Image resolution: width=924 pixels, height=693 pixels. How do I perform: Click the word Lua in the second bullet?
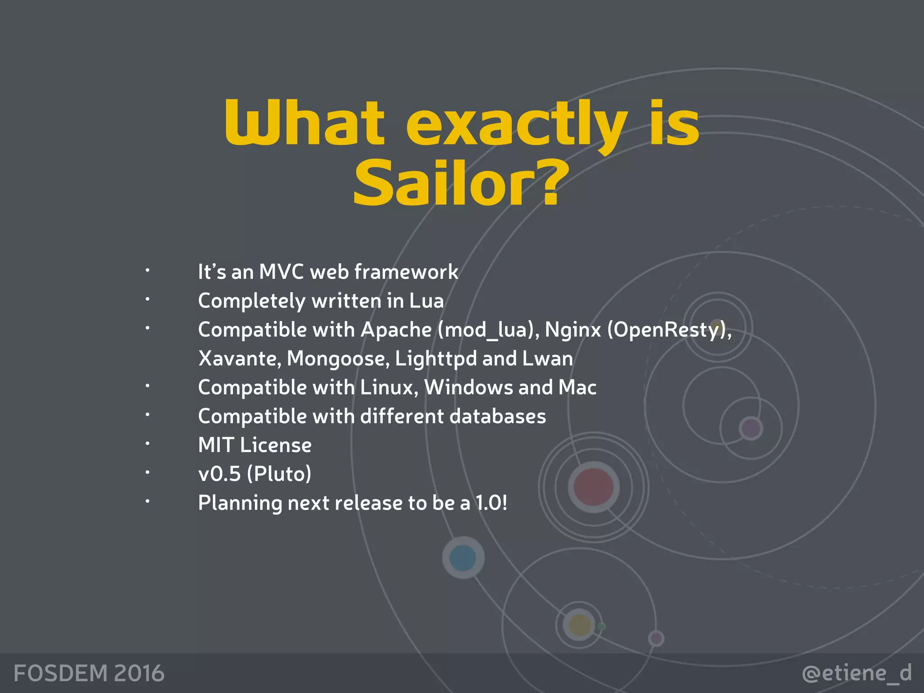tap(426, 301)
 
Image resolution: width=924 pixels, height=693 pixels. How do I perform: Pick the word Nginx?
tap(573, 330)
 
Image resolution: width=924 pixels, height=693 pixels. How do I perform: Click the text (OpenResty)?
tap(669, 330)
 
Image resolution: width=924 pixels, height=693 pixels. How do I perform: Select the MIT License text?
tap(255, 445)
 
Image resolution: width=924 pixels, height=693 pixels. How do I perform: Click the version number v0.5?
tap(220, 474)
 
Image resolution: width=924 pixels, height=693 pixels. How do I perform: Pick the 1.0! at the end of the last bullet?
tap(491, 503)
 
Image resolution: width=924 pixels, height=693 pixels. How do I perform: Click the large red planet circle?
tap(593, 487)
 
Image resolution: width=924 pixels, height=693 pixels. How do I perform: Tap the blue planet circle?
tap(463, 558)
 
